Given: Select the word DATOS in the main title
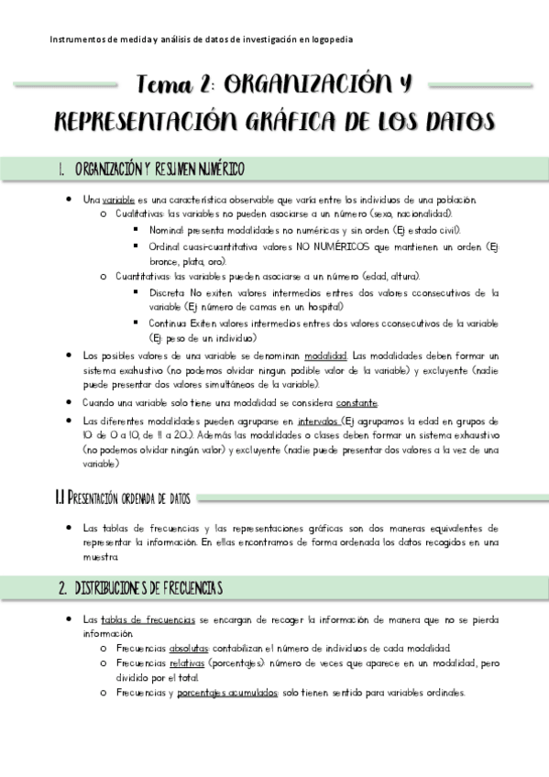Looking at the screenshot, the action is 457,122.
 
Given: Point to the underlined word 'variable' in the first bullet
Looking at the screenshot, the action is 118,200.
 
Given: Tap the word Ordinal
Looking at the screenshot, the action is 166,246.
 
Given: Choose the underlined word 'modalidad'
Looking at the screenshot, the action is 325,355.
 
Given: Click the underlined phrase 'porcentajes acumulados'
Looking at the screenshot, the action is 229,694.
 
